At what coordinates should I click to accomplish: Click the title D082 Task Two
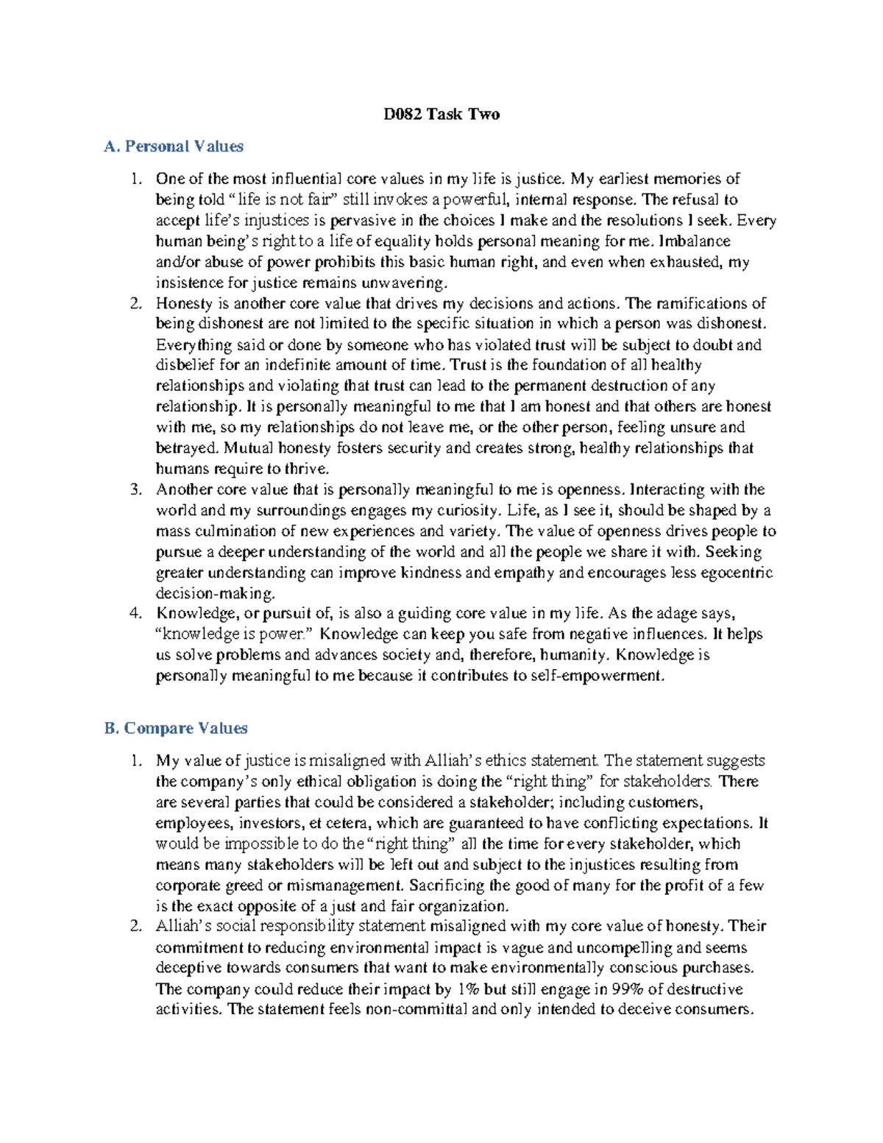[x=441, y=114]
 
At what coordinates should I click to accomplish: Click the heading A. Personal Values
[x=174, y=146]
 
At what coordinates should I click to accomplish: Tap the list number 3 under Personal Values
[x=135, y=489]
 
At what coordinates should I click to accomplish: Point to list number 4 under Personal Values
[x=135, y=613]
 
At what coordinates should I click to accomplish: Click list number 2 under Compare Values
[x=135, y=926]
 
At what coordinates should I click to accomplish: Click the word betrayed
[x=187, y=448]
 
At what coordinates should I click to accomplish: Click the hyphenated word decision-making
[x=215, y=593]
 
